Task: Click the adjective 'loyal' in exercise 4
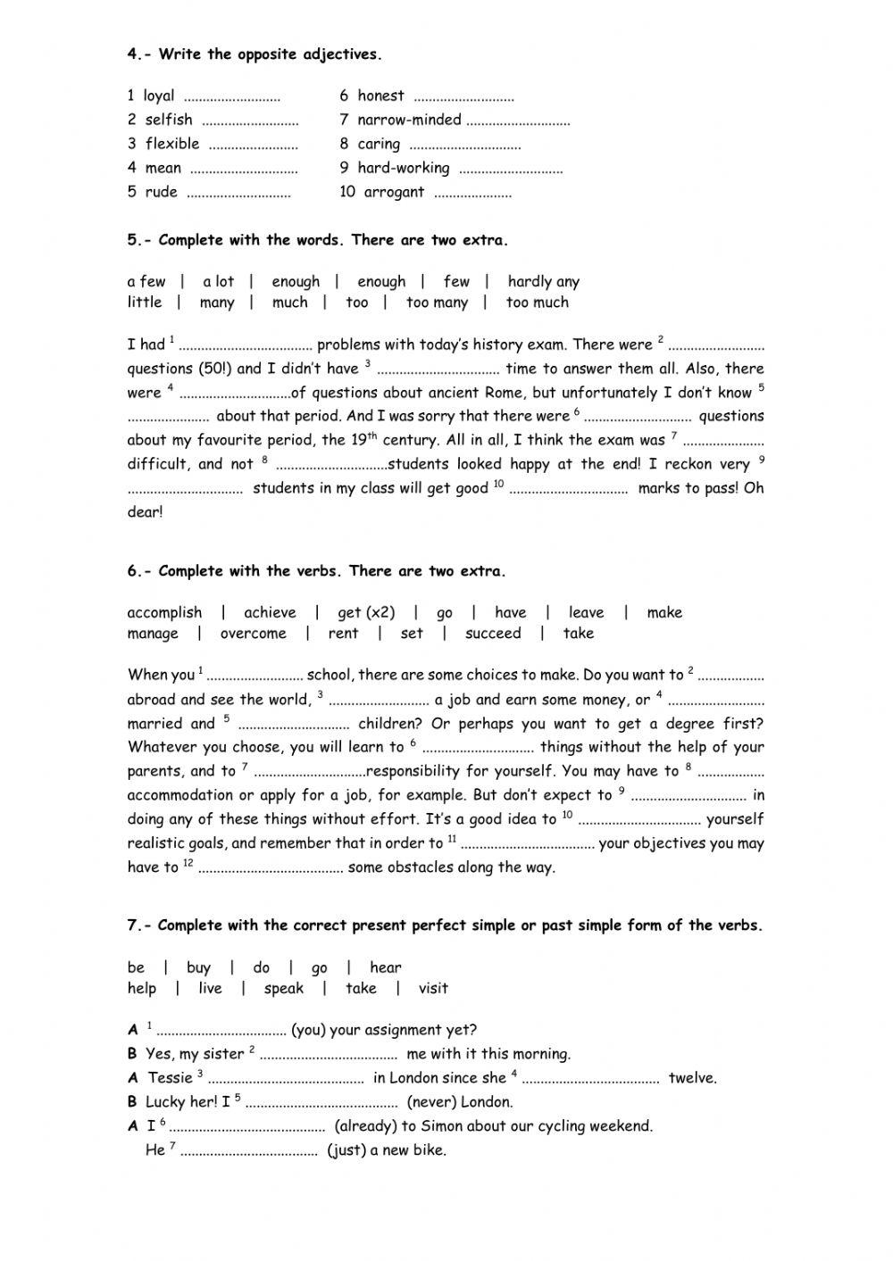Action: [159, 95]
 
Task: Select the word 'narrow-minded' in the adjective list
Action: [409, 120]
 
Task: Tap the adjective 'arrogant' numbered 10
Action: [394, 192]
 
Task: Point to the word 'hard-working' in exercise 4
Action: [403, 168]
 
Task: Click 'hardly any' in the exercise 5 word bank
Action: [543, 282]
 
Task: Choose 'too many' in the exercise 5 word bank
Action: [437, 303]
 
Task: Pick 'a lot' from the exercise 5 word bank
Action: [218, 282]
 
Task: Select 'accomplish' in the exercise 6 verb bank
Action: [164, 613]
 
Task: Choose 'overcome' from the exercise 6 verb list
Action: [253, 634]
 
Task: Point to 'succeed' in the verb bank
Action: [492, 634]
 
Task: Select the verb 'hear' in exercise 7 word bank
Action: [385, 967]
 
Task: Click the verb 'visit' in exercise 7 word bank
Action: [432, 989]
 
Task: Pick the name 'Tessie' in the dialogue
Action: [170, 1078]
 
